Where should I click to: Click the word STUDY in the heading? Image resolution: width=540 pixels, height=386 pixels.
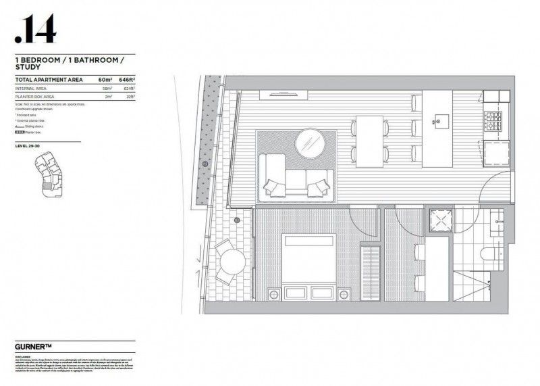pos(28,68)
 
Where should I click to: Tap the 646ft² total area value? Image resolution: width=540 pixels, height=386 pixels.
pos(126,80)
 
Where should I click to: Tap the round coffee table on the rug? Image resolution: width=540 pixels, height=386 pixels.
pos(312,143)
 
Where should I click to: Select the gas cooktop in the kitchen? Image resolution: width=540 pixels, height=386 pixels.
pos(491,122)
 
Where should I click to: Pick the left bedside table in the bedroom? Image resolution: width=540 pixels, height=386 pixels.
pos(273,295)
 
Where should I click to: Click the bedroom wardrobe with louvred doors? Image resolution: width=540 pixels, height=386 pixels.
pos(370,270)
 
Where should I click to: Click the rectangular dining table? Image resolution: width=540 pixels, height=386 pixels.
pos(370,141)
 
